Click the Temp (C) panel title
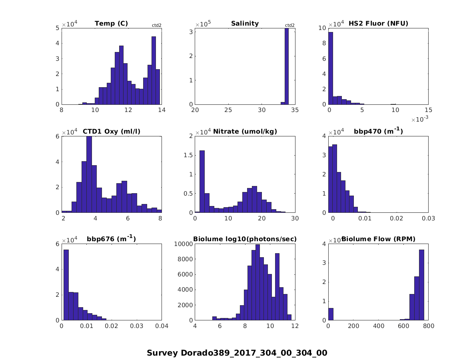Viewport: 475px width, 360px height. (x=111, y=24)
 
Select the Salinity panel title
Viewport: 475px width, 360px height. (x=245, y=24)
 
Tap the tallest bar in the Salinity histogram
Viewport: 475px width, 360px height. (x=286, y=66)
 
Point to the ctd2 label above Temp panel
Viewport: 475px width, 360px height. (x=156, y=25)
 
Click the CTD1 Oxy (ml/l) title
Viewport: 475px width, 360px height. (x=111, y=131)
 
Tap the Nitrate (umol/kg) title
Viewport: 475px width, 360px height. (x=245, y=131)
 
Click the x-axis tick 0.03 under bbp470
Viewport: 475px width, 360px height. (x=428, y=218)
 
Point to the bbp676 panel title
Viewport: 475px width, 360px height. (x=111, y=239)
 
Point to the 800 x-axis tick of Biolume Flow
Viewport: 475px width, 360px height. (x=428, y=326)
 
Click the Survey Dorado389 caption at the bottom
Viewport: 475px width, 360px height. (x=237, y=353)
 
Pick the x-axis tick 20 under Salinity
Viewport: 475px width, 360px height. (x=195, y=110)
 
